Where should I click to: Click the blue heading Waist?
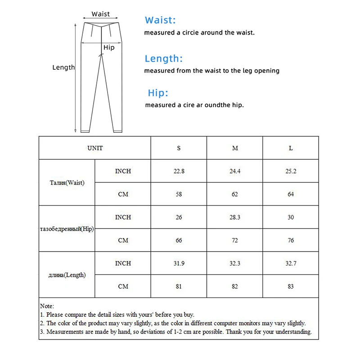click(x=160, y=20)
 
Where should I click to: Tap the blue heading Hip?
click(x=158, y=93)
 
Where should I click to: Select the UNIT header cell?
click(x=95, y=148)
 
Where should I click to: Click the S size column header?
click(x=179, y=148)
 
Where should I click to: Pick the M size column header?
click(x=235, y=148)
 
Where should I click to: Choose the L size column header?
click(x=291, y=148)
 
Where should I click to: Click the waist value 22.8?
click(x=179, y=171)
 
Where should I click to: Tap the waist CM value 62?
click(x=235, y=194)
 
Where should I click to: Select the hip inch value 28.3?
click(x=235, y=217)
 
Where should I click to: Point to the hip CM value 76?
click(x=291, y=240)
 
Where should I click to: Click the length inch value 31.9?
click(x=179, y=263)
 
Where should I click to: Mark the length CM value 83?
click(x=291, y=287)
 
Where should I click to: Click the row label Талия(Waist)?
click(x=67, y=183)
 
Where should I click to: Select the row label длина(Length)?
click(x=67, y=275)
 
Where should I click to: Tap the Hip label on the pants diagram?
click(x=109, y=48)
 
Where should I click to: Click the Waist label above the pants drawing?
click(x=100, y=14)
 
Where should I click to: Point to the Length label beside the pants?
click(x=63, y=67)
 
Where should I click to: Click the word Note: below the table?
click(x=47, y=306)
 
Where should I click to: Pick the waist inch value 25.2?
click(x=291, y=171)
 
